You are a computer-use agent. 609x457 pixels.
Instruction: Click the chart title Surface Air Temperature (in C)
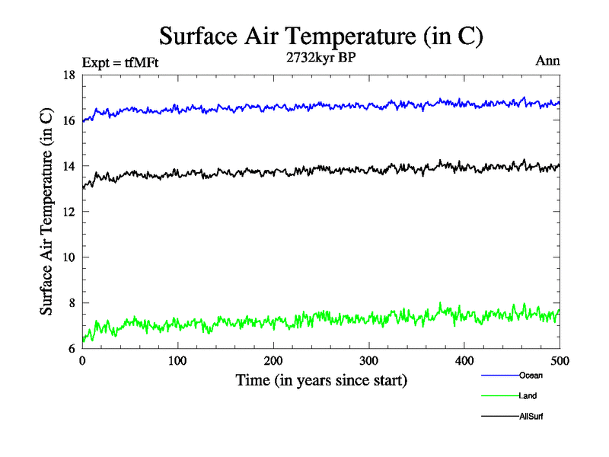[320, 36]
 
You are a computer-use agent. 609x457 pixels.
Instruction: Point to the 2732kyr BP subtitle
[320, 56]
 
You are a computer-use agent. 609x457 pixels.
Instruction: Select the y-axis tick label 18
[69, 75]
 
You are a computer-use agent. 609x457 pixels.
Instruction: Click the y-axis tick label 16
[69, 121]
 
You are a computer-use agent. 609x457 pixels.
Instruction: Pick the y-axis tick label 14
[69, 167]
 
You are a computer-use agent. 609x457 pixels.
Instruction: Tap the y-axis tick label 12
[69, 213]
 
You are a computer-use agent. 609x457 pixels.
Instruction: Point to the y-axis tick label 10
[69, 257]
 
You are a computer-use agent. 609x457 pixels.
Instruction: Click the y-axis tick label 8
[71, 303]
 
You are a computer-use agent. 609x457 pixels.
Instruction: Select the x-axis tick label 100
[177, 361]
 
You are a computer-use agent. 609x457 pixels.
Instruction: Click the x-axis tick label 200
[273, 361]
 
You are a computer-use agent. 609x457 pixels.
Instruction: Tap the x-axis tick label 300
[368, 361]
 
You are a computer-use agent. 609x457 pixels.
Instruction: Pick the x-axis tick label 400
[464, 361]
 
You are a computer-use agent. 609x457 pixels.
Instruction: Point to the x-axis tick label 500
[560, 361]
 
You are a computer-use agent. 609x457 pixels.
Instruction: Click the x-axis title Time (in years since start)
[320, 379]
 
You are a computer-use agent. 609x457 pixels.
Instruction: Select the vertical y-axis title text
[46, 212]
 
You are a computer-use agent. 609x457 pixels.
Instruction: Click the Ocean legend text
[531, 376]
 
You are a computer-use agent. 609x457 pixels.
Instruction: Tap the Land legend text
[528, 396]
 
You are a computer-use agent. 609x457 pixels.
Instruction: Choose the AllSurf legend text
[531, 417]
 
